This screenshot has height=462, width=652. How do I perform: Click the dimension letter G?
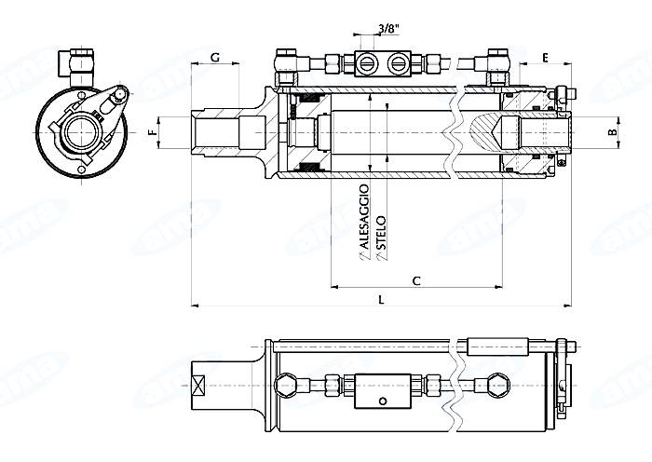point(215,58)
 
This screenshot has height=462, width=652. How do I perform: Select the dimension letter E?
point(545,58)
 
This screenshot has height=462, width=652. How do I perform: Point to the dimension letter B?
point(612,132)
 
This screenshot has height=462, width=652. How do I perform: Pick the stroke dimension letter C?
point(416,279)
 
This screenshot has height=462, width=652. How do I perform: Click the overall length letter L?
point(381,298)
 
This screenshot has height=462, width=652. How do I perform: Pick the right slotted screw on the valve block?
point(400,63)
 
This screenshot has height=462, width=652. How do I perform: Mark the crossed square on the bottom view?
point(199,384)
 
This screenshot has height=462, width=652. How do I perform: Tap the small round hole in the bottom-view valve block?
point(381,402)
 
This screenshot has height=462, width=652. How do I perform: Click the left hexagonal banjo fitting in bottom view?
point(287,384)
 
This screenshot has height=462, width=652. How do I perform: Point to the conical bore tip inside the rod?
point(495,131)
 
